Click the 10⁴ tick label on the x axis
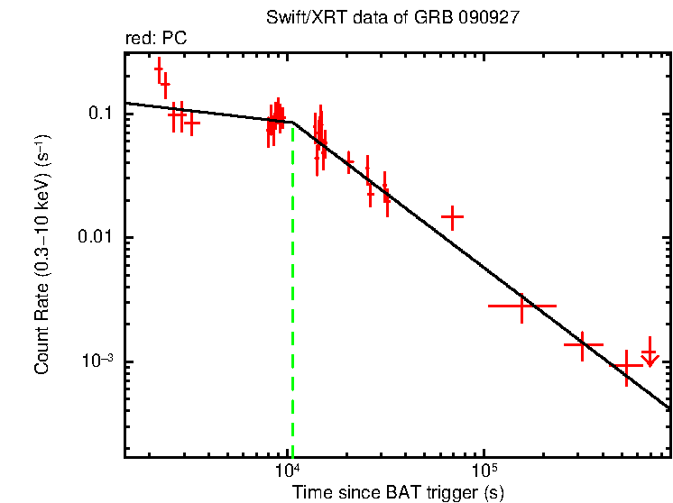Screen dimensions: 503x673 288,470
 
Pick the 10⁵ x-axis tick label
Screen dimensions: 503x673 484,470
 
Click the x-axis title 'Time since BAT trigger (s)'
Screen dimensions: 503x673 397,492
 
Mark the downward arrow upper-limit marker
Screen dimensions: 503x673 649,358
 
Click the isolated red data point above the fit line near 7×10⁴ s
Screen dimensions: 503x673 452,217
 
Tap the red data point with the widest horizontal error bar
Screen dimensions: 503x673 521,306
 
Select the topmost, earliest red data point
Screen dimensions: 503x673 159,69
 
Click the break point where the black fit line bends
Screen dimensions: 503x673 292,122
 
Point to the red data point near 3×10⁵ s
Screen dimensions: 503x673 583,345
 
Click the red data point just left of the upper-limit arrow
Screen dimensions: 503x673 626,366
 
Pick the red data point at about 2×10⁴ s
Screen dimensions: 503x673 349,162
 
